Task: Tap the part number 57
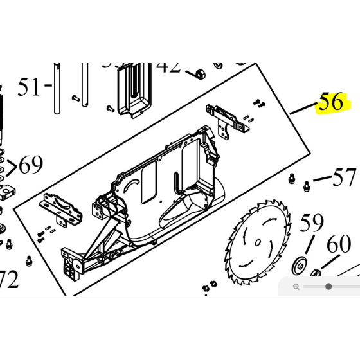point(345,177)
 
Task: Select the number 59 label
point(312,224)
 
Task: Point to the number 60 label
point(339,245)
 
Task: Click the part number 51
point(30,87)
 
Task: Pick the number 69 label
point(30,166)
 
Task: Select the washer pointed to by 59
point(299,264)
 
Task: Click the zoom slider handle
point(328,286)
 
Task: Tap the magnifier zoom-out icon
point(296,286)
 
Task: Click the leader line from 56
point(303,107)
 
